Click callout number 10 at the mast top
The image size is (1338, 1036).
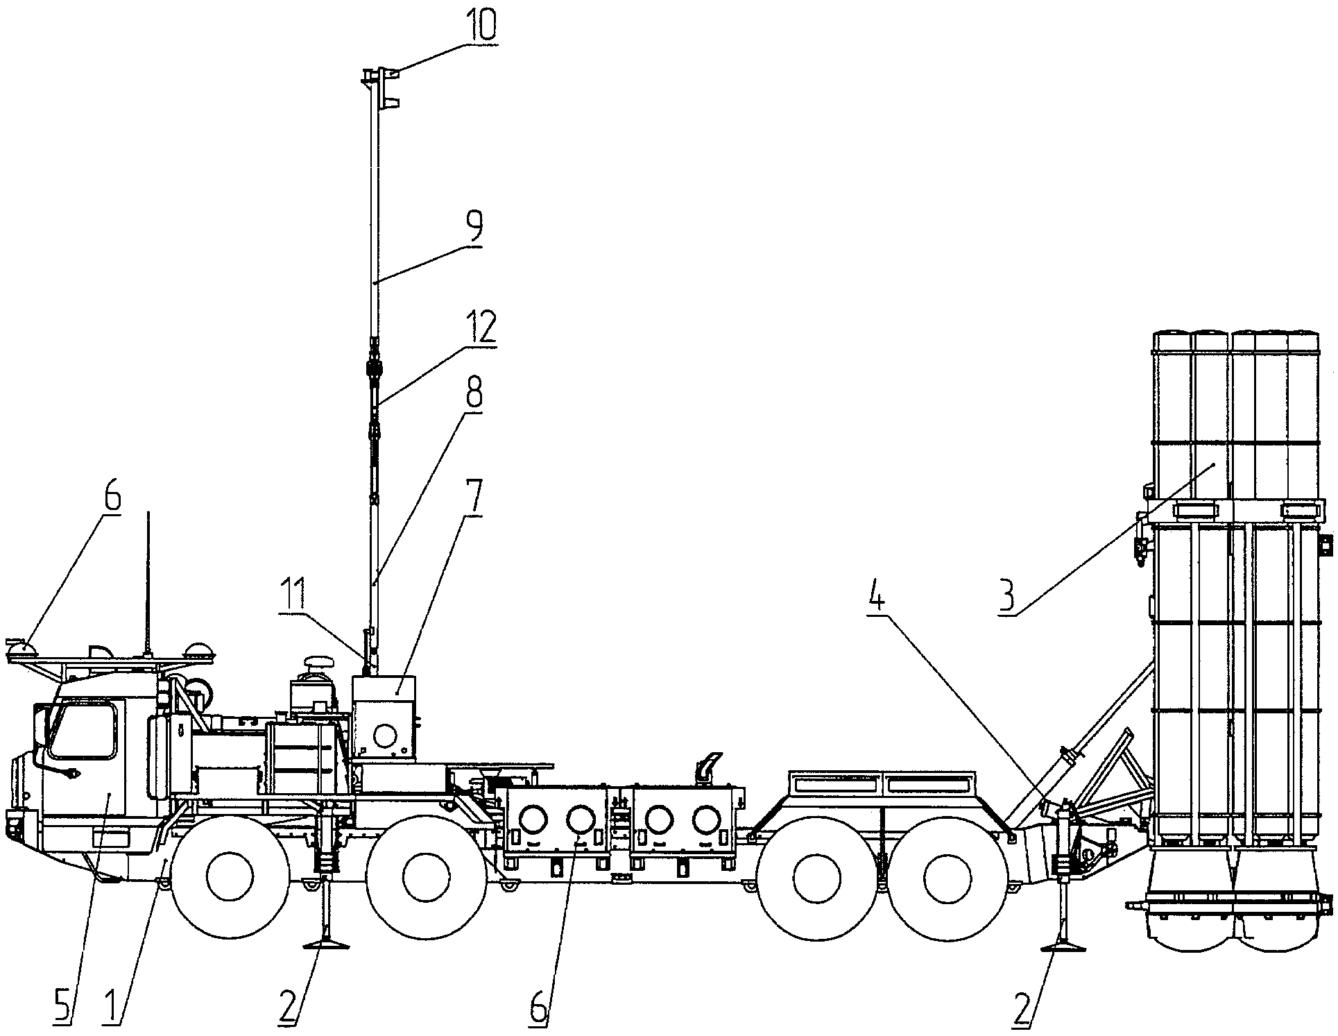[478, 25]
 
